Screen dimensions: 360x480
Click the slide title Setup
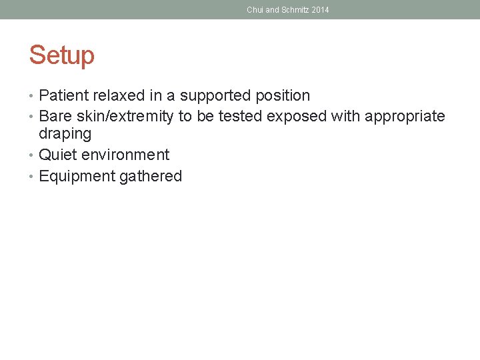(x=62, y=55)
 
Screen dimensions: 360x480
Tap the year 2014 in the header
(x=319, y=10)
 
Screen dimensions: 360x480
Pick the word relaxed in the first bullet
(x=116, y=96)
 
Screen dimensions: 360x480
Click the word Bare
(x=55, y=117)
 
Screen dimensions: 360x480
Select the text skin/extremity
(x=125, y=117)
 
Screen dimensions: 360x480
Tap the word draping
(x=65, y=134)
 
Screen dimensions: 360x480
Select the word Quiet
(x=58, y=155)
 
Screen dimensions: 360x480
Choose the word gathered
(x=151, y=176)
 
